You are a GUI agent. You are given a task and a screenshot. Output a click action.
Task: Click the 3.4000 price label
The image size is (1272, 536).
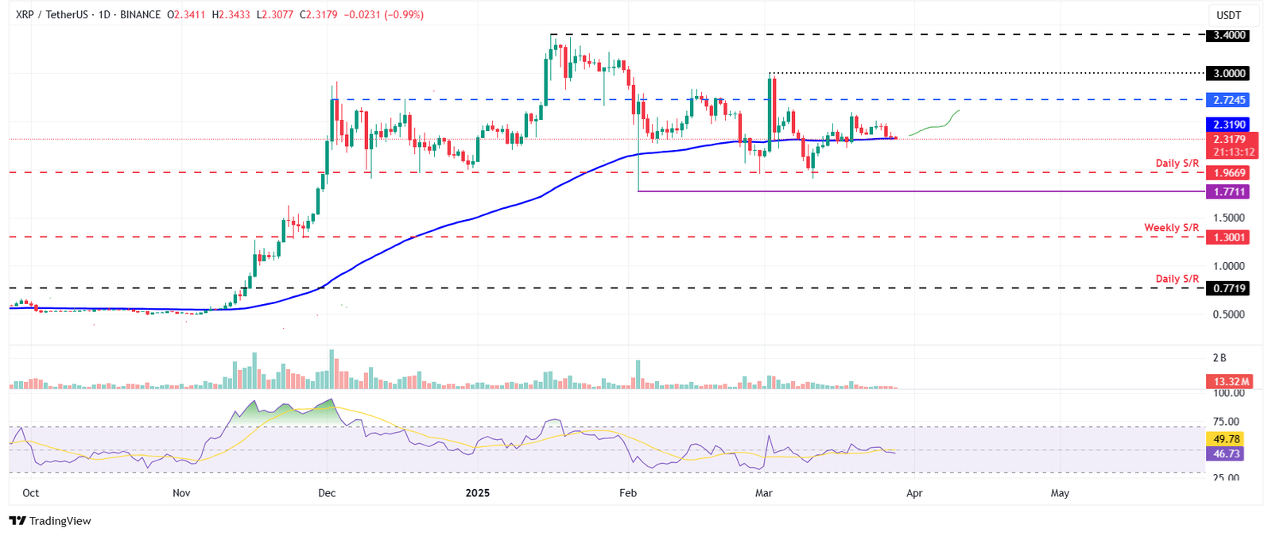(1227, 35)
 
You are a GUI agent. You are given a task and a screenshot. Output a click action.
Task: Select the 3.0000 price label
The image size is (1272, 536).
(1227, 73)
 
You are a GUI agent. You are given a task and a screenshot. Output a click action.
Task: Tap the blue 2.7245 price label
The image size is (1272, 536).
(1227, 100)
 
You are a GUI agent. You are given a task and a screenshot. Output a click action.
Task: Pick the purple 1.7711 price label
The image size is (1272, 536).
(1227, 191)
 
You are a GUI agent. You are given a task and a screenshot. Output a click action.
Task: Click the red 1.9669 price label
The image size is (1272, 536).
(1227, 172)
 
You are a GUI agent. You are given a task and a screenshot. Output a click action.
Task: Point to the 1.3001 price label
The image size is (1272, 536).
(1227, 237)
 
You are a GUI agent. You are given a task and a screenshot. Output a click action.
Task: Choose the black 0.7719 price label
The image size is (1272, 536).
(1227, 288)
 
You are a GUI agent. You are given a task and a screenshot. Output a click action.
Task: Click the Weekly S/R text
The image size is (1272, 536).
(1171, 228)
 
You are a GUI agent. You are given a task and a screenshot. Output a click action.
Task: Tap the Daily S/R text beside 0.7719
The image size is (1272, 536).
(1177, 279)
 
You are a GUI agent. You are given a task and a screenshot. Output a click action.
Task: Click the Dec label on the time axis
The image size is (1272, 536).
(327, 493)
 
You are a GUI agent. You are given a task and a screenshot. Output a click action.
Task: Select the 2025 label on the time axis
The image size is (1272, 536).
(478, 493)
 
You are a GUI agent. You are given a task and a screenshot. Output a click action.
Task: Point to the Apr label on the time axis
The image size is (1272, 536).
(914, 493)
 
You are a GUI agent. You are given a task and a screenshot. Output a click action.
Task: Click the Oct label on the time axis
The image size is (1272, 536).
(30, 493)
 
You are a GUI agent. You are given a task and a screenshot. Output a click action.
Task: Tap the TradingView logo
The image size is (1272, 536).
(50, 521)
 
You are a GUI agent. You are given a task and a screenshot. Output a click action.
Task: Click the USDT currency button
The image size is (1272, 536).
(1228, 15)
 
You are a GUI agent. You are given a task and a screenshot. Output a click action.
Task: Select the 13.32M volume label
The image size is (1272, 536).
(1228, 381)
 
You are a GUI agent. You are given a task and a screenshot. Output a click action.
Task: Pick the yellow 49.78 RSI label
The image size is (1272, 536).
(1227, 439)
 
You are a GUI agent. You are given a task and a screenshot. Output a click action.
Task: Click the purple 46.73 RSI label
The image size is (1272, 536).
(1227, 454)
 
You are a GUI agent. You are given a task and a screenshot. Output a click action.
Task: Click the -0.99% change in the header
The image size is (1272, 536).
(405, 15)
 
